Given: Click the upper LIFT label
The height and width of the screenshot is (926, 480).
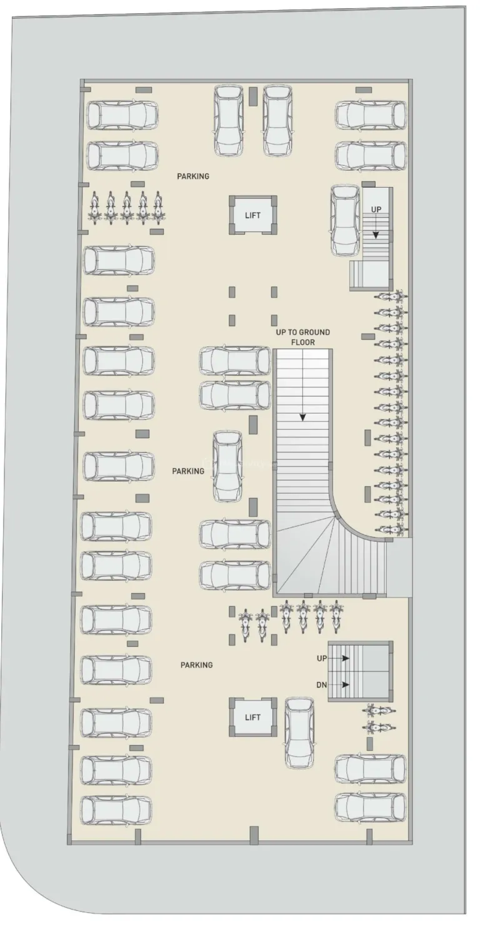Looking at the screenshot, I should pos(252,215).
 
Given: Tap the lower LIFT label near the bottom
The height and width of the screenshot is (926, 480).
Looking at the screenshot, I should pos(252,717).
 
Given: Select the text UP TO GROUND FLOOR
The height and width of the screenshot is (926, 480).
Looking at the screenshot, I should pos(302,337).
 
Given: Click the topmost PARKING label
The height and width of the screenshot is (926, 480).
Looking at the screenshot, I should pos(193,176).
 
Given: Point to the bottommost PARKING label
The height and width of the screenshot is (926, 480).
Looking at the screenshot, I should pos(197,665).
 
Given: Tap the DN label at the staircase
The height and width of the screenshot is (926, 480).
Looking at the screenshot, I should pos(321,685).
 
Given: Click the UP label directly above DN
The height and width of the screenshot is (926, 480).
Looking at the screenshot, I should pos(322,659).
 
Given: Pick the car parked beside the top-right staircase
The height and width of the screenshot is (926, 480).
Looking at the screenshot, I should pos(345,220).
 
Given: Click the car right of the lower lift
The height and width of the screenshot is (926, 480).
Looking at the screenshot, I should pos(299,733).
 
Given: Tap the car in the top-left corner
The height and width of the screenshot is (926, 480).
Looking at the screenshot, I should pos(122,115).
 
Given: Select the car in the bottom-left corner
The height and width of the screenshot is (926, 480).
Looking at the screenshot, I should pos(116,810).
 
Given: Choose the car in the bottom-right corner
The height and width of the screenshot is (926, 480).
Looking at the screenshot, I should pos(370,808).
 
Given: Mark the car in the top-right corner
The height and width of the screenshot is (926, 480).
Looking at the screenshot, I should pos(371,115).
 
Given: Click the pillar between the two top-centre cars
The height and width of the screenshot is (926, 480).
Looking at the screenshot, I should pos(253,96).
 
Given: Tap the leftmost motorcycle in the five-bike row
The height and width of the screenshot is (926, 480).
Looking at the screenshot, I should pos(95,208).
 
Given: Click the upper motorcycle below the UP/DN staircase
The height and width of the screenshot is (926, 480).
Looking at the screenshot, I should pos(378,711).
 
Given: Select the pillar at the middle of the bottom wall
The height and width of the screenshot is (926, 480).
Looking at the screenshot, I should pos(254,835).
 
